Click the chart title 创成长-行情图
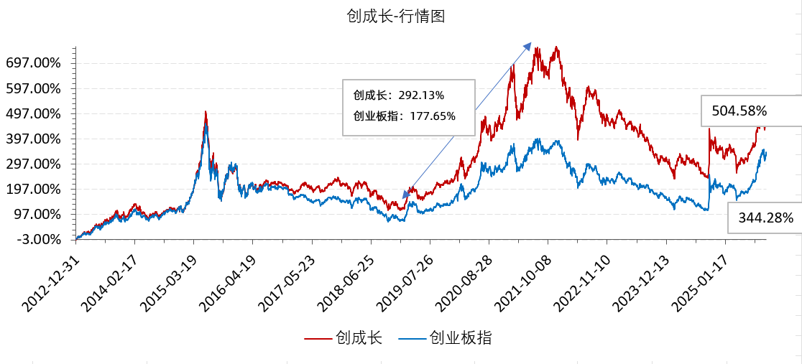tap(396, 15)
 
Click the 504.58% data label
tap(739, 111)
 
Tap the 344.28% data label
tap(765, 218)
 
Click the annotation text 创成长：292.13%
tap(398, 95)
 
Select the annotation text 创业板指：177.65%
tap(404, 116)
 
